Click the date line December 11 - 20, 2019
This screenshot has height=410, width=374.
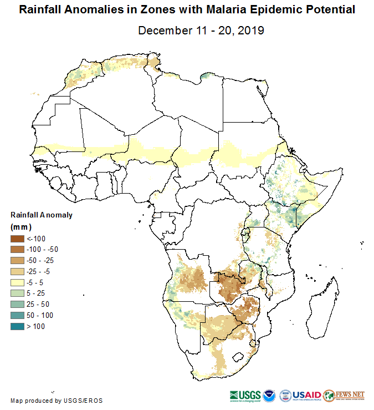[x=201, y=29]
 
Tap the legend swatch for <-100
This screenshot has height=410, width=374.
[x=17, y=238]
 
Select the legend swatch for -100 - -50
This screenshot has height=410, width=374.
[x=17, y=249]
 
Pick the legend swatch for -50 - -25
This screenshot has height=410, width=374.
[x=17, y=260]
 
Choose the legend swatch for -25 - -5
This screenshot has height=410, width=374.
[x=17, y=271]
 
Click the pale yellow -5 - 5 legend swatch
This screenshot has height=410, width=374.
[x=17, y=282]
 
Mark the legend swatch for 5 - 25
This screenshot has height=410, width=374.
[x=17, y=293]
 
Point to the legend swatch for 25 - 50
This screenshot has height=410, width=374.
[x=17, y=304]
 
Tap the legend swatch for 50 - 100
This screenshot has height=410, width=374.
[x=17, y=315]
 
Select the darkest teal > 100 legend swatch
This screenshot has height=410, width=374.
[x=17, y=326]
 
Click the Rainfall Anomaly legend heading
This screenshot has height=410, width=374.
[x=42, y=215]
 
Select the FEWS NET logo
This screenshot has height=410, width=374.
[x=345, y=395]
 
